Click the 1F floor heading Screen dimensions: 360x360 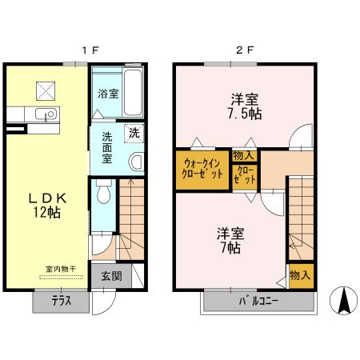(x=89, y=50)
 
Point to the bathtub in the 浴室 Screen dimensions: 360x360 (x=133, y=92)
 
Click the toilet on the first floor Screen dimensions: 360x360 (x=102, y=192)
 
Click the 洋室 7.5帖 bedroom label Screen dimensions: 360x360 (x=244, y=106)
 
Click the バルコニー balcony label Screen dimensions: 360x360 (x=259, y=302)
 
